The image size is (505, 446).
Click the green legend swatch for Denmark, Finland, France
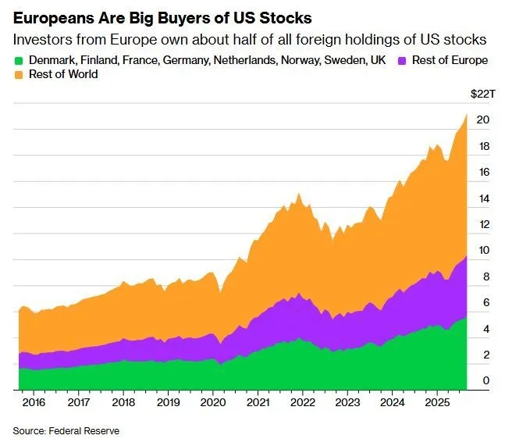click(x=19, y=60)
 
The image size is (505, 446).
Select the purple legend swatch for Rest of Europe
click(x=403, y=60)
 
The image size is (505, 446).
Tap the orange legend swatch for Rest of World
click(x=19, y=74)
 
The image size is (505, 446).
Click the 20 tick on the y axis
click(x=483, y=120)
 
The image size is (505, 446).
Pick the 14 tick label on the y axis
click(x=483, y=198)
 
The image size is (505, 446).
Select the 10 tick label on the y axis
click(x=483, y=251)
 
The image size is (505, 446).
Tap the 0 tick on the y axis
click(x=485, y=381)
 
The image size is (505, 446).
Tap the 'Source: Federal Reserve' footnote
click(x=66, y=430)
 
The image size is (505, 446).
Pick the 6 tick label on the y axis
click(x=485, y=303)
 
